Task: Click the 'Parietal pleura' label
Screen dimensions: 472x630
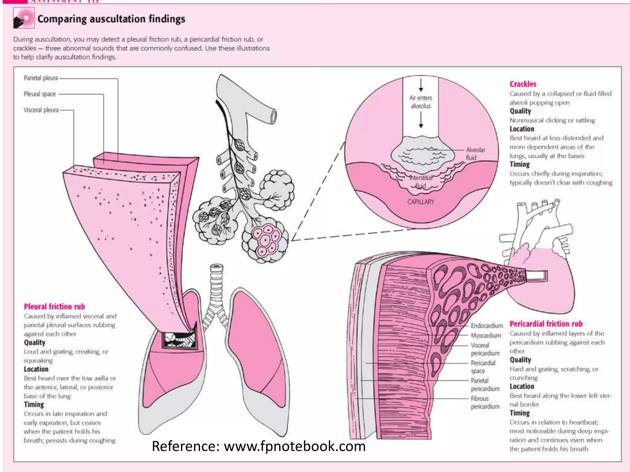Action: [x=41, y=78]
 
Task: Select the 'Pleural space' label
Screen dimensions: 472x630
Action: [x=40, y=94]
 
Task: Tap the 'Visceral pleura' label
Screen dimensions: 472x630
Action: [x=41, y=110]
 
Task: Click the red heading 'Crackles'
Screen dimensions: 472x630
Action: [x=523, y=84]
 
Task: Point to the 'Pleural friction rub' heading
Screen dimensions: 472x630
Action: [x=54, y=307]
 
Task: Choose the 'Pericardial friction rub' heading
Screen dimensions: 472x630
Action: [x=546, y=324]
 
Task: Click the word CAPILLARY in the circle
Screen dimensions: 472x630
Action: [x=421, y=202]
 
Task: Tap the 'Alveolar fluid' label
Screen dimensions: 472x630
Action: [x=475, y=154]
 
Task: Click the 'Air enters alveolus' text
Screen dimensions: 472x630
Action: [x=421, y=102]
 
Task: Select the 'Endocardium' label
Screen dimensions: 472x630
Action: [x=487, y=326]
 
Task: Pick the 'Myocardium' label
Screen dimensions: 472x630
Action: [x=486, y=336]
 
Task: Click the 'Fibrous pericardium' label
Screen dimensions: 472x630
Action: [x=485, y=403]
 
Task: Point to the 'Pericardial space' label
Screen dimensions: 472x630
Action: [x=483, y=367]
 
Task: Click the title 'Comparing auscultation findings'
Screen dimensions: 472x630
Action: [x=111, y=19]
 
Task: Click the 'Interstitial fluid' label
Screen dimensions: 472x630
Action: [x=421, y=182]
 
